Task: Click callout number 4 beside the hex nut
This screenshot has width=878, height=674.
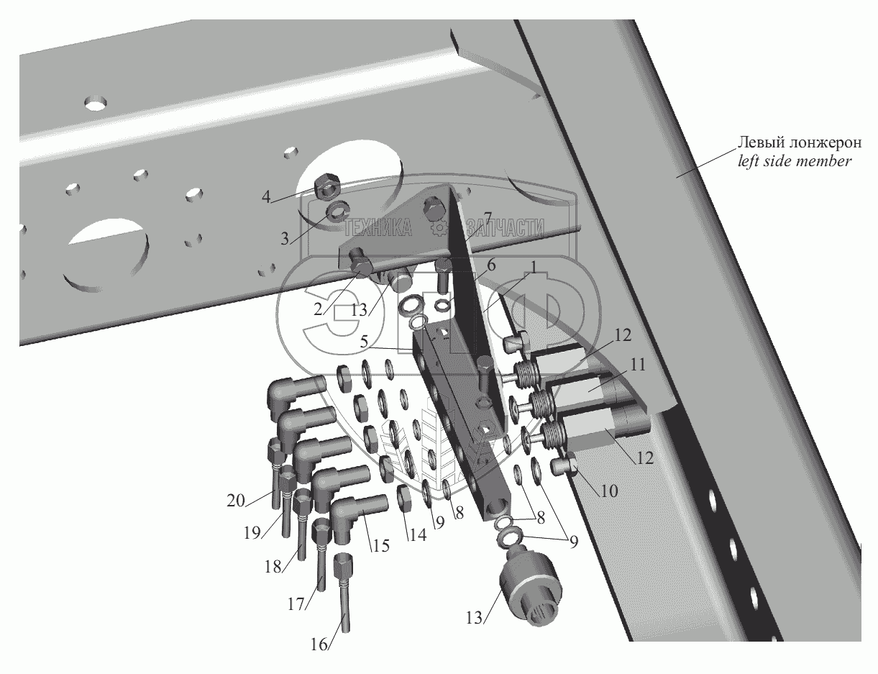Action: (266, 197)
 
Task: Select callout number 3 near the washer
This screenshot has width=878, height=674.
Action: (285, 239)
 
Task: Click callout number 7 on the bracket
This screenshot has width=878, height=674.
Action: (488, 219)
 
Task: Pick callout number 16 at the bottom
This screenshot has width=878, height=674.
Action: (319, 645)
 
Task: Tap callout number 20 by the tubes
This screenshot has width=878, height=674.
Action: (236, 501)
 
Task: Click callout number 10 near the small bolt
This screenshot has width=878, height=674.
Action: (609, 491)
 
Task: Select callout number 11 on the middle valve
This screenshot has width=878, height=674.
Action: (638, 365)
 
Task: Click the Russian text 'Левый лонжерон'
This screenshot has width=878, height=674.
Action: (800, 142)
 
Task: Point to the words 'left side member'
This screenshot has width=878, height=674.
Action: (795, 161)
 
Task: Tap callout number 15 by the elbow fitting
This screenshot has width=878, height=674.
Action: (381, 545)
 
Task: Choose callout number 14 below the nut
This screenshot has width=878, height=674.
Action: (418, 534)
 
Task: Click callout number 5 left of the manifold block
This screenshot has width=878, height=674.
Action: (364, 342)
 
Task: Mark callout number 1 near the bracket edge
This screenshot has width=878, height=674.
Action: (534, 267)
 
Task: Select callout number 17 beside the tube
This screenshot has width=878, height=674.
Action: (296, 604)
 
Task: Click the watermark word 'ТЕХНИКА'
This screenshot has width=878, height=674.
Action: (378, 228)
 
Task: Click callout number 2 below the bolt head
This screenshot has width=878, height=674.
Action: (318, 310)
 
